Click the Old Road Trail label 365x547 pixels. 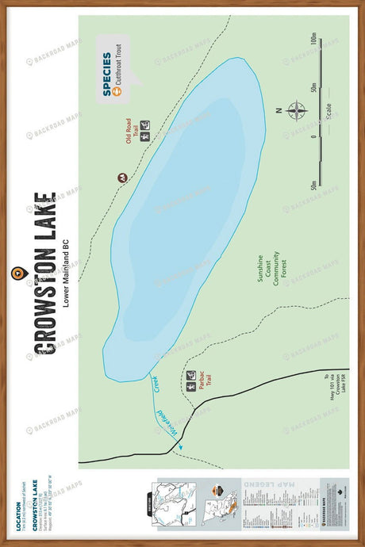131,132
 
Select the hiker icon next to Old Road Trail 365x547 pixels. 146,136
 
